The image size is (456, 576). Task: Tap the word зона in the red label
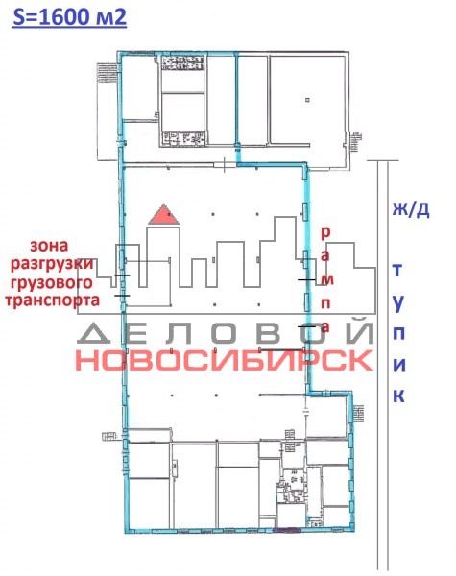49,246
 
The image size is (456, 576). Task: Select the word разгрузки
52,265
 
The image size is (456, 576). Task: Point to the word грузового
52,283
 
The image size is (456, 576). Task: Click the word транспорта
52,300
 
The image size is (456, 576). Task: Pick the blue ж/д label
411,209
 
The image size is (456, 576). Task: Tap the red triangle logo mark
164,213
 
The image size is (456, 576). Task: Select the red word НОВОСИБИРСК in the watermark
225,360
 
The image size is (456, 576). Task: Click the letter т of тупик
397,270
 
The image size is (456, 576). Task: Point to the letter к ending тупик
399,396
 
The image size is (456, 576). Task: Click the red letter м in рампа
326,280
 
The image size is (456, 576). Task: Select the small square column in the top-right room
307,100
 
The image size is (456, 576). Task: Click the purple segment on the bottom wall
287,530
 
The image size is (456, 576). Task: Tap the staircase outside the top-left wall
107,73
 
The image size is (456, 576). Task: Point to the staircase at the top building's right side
356,142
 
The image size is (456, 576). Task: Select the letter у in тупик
398,302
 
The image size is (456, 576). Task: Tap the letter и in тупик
399,365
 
